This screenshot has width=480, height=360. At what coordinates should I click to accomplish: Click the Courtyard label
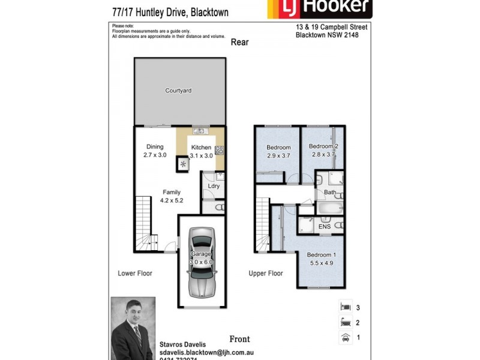pyautogui.click(x=178, y=91)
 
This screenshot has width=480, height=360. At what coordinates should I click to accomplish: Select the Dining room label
pyautogui.click(x=155, y=147)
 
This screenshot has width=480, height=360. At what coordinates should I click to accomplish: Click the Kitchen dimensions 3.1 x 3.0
pyautogui.click(x=201, y=155)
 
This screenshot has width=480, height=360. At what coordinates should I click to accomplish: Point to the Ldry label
pyautogui.click(x=214, y=186)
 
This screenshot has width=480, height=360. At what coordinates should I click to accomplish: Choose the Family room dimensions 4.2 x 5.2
pyautogui.click(x=172, y=201)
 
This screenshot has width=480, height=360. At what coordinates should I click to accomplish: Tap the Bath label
pyautogui.click(x=330, y=193)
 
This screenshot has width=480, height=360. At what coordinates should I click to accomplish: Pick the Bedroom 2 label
pyautogui.click(x=324, y=146)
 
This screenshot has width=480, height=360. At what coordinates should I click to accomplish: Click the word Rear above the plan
pyautogui.click(x=239, y=42)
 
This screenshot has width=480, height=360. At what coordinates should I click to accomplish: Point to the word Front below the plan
pyautogui.click(x=239, y=339)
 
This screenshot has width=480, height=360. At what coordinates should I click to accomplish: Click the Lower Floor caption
pyautogui.click(x=135, y=274)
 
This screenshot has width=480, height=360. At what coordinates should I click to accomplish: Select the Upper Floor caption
pyautogui.click(x=266, y=274)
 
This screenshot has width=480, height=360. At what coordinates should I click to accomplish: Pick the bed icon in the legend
pyautogui.click(x=345, y=307)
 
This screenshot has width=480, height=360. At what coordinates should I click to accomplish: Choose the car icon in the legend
pyautogui.click(x=345, y=337)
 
